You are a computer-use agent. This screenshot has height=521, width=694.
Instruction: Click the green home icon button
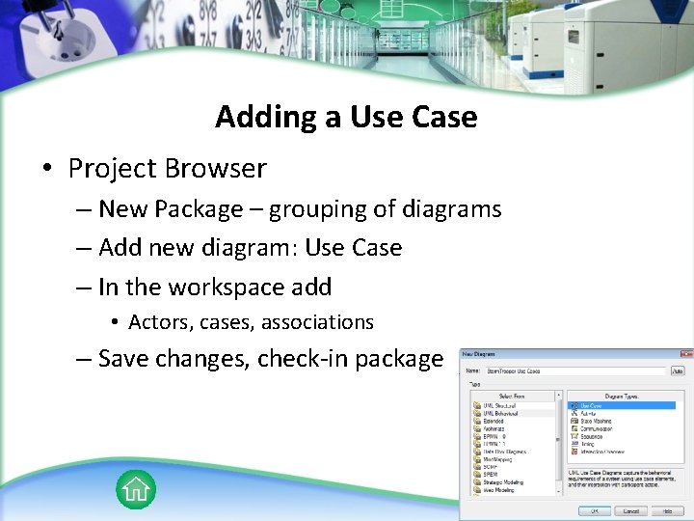coord(136,490)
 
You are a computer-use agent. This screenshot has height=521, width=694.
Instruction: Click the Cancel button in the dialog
coord(630,510)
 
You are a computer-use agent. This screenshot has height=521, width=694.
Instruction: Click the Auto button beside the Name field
coord(679,370)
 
